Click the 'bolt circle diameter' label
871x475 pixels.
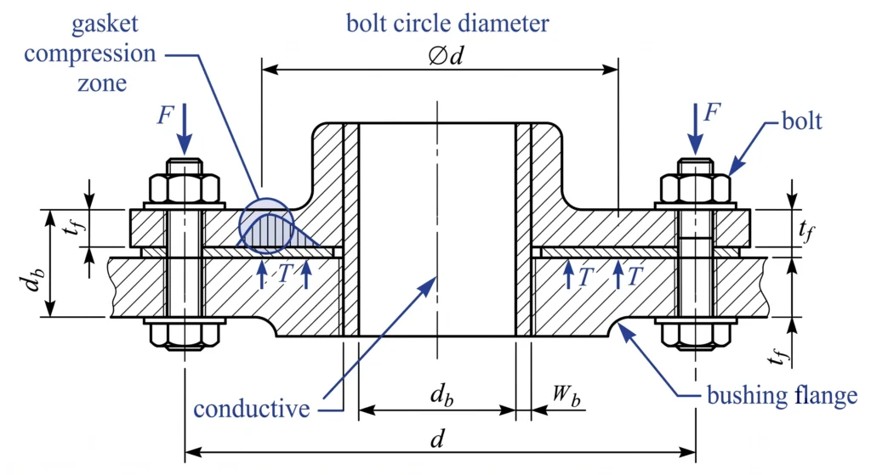(x=447, y=23)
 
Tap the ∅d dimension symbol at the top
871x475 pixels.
(x=446, y=55)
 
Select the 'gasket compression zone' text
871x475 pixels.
(x=90, y=54)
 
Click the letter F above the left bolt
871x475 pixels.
(x=166, y=115)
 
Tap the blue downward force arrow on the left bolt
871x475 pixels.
(x=185, y=129)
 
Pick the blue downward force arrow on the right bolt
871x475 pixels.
(x=694, y=129)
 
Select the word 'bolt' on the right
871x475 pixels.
(x=801, y=121)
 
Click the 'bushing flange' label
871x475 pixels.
(x=783, y=396)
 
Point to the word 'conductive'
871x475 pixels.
(x=252, y=409)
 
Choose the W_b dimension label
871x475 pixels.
(x=566, y=396)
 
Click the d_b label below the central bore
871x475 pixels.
(x=441, y=396)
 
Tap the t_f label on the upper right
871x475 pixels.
(x=806, y=229)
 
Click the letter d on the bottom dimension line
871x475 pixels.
(x=438, y=438)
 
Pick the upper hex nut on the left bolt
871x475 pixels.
(x=185, y=189)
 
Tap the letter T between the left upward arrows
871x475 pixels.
(x=284, y=273)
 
